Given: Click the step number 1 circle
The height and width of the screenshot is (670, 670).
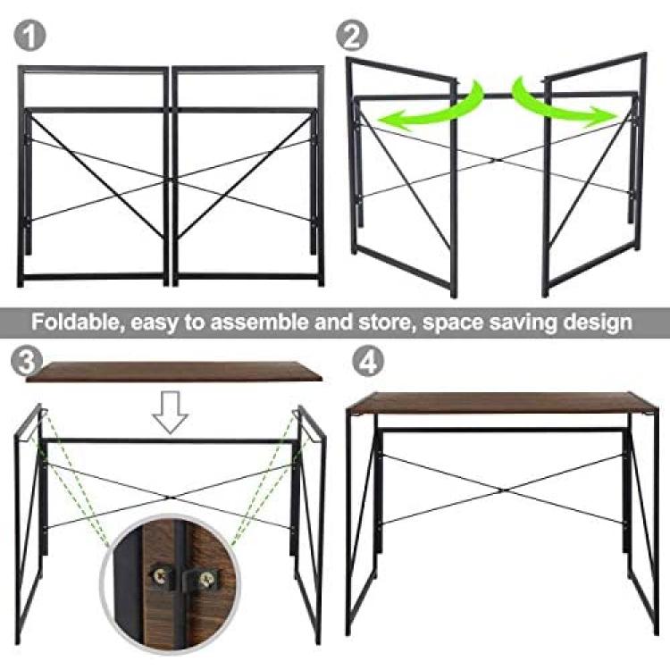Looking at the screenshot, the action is [x=29, y=36].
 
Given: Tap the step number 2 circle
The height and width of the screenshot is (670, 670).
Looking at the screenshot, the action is [x=352, y=36].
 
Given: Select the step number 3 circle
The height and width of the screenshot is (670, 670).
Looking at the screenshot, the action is [x=27, y=362].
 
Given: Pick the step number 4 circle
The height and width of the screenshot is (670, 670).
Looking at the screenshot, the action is [x=368, y=362].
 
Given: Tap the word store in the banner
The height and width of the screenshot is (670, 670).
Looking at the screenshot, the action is [x=388, y=322].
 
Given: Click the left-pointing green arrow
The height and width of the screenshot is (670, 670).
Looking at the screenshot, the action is [x=431, y=107].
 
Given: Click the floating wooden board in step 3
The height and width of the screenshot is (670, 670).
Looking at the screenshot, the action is [x=173, y=372].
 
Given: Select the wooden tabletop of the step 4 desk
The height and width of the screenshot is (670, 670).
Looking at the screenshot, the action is [x=502, y=403].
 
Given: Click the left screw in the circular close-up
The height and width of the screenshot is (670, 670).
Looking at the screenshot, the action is [x=161, y=577].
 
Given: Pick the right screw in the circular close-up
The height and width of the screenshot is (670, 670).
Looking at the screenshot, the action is [x=206, y=579].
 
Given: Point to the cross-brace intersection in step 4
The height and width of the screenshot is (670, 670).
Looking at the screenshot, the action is [x=502, y=490].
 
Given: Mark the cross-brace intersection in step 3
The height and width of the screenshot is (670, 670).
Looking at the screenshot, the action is [x=170, y=498].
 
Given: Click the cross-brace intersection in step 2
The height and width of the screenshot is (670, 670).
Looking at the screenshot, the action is [x=496, y=161].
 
